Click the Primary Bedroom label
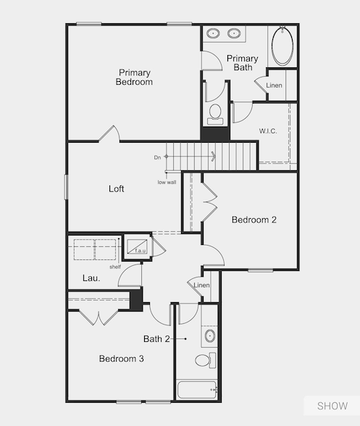134,77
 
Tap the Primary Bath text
242,63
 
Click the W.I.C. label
269,131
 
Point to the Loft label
116,189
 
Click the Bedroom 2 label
253,220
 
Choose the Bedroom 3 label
121,359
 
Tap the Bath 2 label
156,338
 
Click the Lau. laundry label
91,277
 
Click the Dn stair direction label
157,157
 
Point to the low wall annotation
167,182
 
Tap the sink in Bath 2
209,335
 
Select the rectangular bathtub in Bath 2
196,391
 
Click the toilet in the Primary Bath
214,112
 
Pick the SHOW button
331,406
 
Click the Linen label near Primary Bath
275,86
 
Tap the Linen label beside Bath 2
201,285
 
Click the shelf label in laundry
114,267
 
